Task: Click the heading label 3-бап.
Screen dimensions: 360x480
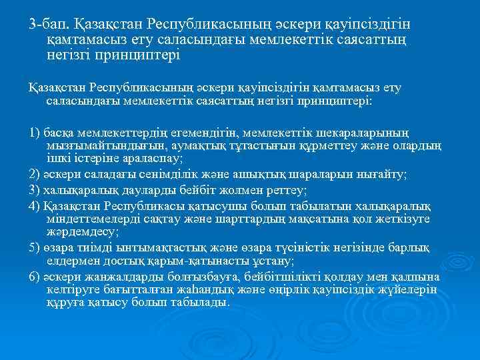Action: (49, 25)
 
